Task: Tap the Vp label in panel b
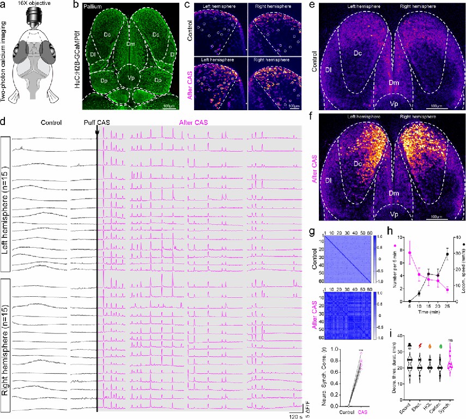tap(129, 78)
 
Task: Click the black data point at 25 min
tap(447, 193)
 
